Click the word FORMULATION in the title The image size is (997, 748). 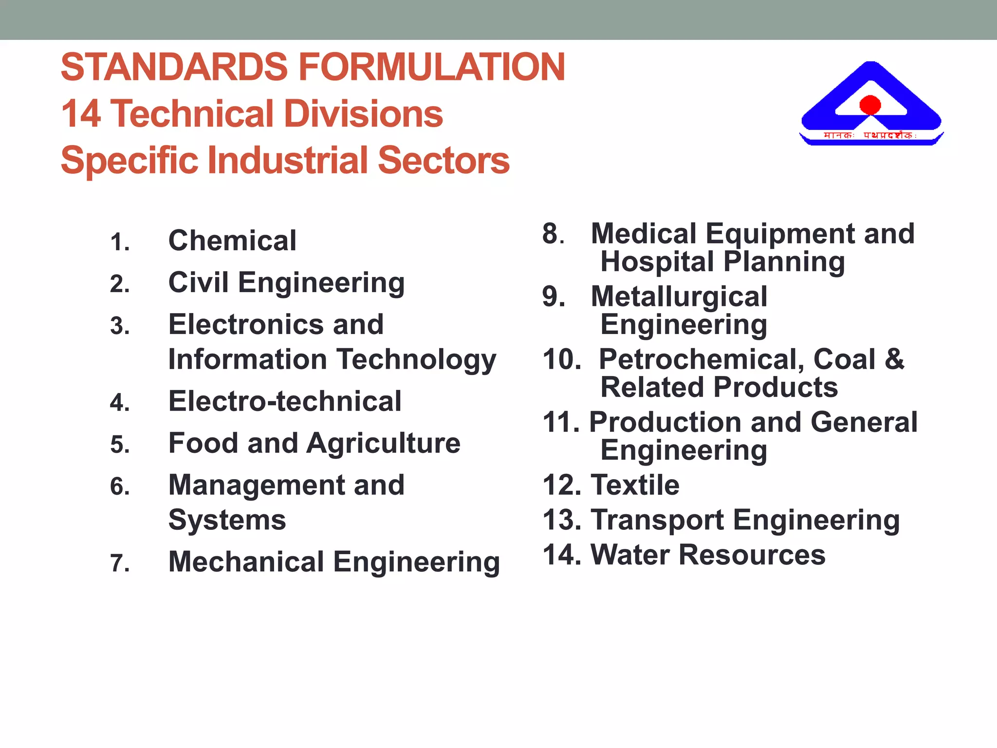pyautogui.click(x=431, y=67)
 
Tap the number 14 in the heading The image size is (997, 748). pyautogui.click(x=81, y=114)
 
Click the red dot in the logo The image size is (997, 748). pyautogui.click(x=870, y=105)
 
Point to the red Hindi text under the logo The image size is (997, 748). pyautogui.click(x=869, y=135)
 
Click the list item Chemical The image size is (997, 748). pyautogui.click(x=232, y=241)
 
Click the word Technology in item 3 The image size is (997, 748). pyautogui.click(x=417, y=359)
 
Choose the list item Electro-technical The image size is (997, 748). pyautogui.click(x=285, y=401)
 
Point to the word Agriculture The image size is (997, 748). pyautogui.click(x=384, y=443)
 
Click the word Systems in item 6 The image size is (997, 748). pyautogui.click(x=227, y=520)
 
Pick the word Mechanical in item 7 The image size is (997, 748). pyautogui.click(x=246, y=561)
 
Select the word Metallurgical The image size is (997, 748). pyautogui.click(x=679, y=297)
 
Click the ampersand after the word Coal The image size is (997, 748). pyautogui.click(x=894, y=359)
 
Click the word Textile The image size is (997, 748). pyautogui.click(x=635, y=485)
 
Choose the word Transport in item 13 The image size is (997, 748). pyautogui.click(x=657, y=520)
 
